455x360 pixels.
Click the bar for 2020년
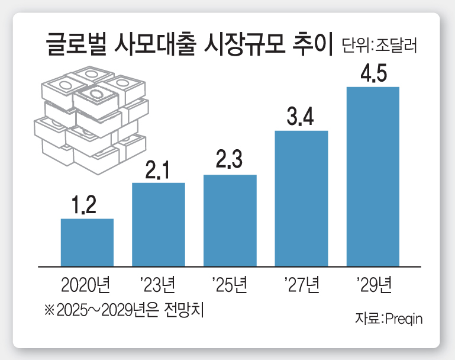pyautogui.click(x=87, y=243)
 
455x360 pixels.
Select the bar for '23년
pyautogui.click(x=159, y=224)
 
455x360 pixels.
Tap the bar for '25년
pyautogui.click(x=230, y=220)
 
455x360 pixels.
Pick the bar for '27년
pyautogui.click(x=301, y=198)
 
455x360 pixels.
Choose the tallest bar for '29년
pyautogui.click(x=373, y=176)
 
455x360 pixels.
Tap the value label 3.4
pyautogui.click(x=301, y=118)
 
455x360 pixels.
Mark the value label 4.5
pyautogui.click(x=373, y=75)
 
